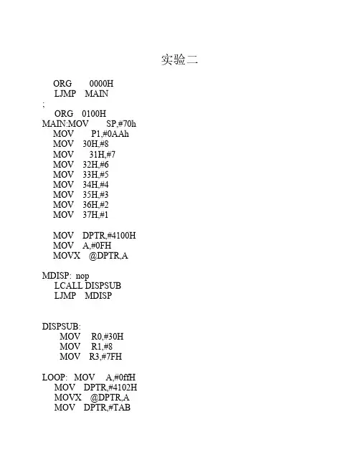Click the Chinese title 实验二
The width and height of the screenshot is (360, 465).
pyautogui.click(x=179, y=59)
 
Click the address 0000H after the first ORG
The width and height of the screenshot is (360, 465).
pyautogui.click(x=101, y=83)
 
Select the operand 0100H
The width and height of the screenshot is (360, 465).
pyautogui.click(x=94, y=114)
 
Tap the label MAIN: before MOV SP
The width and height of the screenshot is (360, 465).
pyautogui.click(x=55, y=124)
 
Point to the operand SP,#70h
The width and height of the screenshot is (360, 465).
pyautogui.click(x=121, y=124)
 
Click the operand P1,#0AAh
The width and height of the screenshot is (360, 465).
pyautogui.click(x=110, y=134)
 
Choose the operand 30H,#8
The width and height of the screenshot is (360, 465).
pyautogui.click(x=95, y=144)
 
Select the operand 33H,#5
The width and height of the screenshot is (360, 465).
pyautogui.click(x=95, y=174)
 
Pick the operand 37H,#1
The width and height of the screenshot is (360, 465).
pyautogui.click(x=95, y=214)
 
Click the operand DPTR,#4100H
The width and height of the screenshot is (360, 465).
pyautogui.click(x=109, y=236)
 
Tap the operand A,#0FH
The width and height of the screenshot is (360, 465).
pyautogui.click(x=97, y=246)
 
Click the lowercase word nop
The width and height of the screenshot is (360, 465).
pyautogui.click(x=82, y=276)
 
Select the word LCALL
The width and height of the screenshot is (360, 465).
pyautogui.click(x=68, y=286)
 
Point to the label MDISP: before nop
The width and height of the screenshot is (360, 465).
pyautogui.click(x=57, y=276)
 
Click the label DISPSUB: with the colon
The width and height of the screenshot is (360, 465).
pyautogui.click(x=62, y=327)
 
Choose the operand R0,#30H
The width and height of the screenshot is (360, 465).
pyautogui.click(x=107, y=337)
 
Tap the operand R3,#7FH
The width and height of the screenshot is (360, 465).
pyautogui.click(x=105, y=357)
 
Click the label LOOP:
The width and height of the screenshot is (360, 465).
pyautogui.click(x=55, y=377)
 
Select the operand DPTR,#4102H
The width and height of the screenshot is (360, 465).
pyautogui.click(x=110, y=388)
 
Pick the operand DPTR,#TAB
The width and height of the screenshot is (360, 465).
pyautogui.click(x=107, y=408)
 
